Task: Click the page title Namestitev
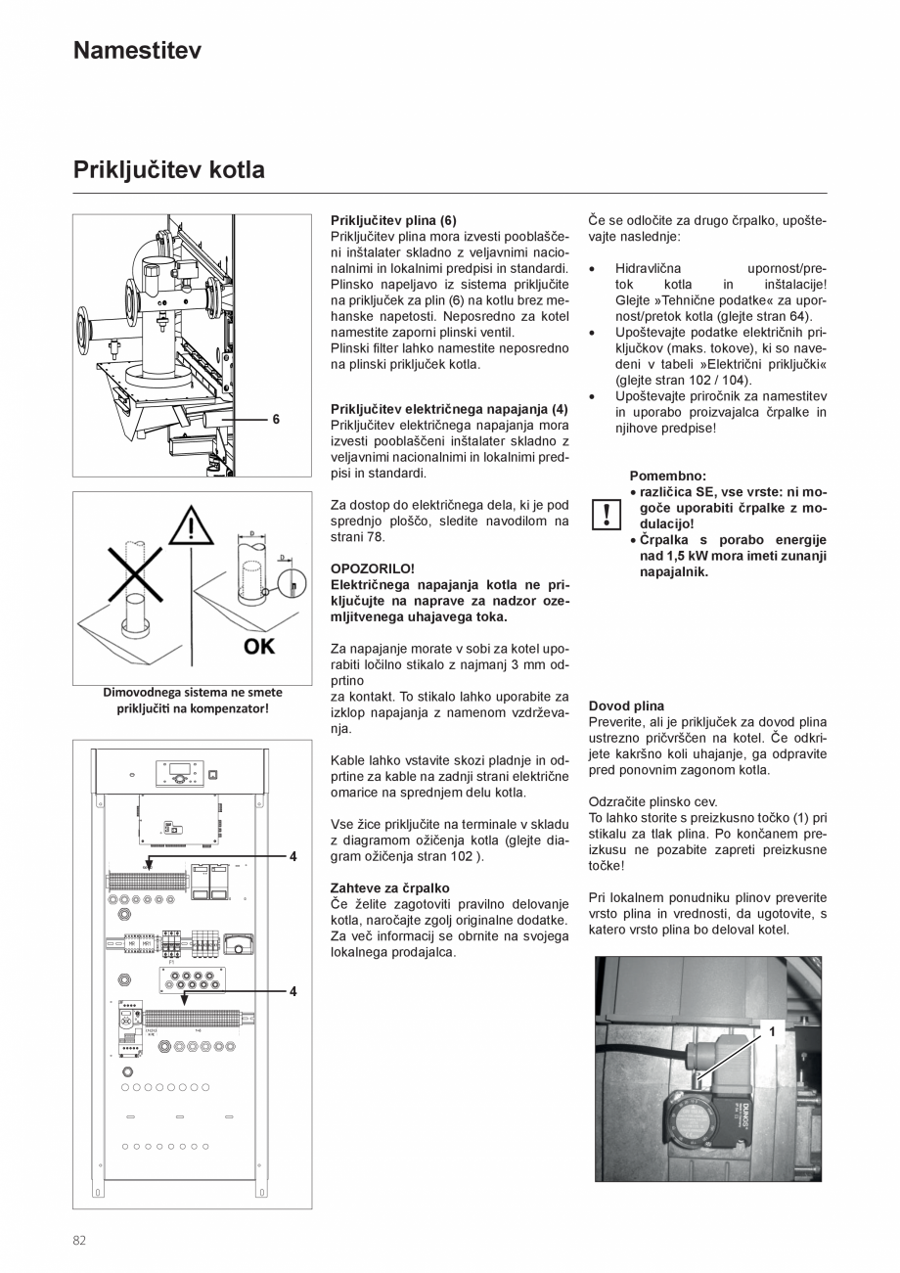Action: click(x=137, y=51)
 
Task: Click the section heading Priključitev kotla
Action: click(x=168, y=170)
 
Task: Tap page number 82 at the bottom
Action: click(x=79, y=1240)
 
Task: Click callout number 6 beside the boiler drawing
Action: click(x=276, y=419)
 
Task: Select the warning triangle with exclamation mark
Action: click(x=191, y=529)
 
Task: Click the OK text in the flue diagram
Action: click(x=259, y=646)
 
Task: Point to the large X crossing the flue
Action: click(x=134, y=576)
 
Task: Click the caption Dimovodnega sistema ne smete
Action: click(x=193, y=692)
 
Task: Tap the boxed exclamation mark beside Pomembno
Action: click(x=607, y=513)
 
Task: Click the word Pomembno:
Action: click(x=668, y=475)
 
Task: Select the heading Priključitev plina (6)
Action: click(x=393, y=220)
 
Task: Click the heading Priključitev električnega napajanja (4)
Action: click(x=449, y=408)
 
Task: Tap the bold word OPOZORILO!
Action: click(x=373, y=568)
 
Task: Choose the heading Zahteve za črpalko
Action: click(x=390, y=887)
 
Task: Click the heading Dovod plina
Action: click(x=626, y=705)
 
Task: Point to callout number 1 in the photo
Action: click(x=772, y=1030)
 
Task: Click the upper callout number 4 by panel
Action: click(x=292, y=856)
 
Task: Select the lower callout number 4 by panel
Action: click(x=292, y=991)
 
